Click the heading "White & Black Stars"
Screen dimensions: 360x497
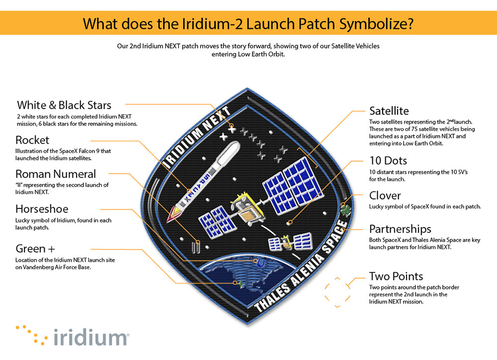point(64,105)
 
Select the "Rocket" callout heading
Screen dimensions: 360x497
point(32,140)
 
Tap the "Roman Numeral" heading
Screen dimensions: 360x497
point(56,174)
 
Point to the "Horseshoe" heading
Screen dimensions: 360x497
point(42,209)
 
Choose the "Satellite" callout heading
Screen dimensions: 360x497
point(389,111)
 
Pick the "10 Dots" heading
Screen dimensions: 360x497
point(388,161)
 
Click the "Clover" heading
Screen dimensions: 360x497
point(385,195)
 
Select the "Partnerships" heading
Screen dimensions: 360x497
point(400,229)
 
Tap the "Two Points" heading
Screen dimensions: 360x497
point(396,276)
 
